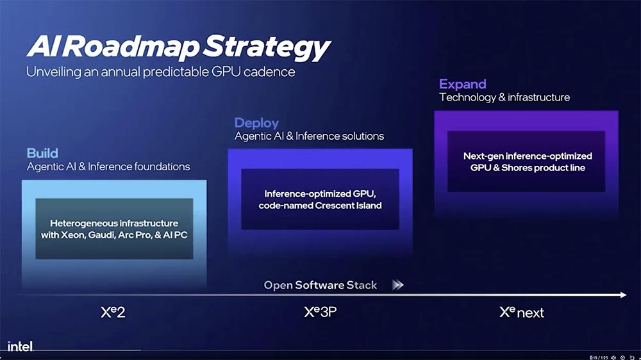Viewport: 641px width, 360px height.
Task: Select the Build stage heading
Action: point(42,153)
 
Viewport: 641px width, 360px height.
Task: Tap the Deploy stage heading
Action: point(256,122)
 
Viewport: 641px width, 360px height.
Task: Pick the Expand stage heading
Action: point(462,84)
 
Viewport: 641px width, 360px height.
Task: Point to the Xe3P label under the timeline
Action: point(320,313)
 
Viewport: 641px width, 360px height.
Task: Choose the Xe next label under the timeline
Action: point(522,313)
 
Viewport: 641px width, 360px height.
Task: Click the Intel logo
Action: point(20,347)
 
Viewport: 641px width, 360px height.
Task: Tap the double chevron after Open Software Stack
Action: point(398,285)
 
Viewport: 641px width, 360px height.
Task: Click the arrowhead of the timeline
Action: point(622,295)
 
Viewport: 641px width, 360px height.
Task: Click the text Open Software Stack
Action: point(320,285)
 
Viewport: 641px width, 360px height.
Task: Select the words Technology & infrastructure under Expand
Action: point(504,97)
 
